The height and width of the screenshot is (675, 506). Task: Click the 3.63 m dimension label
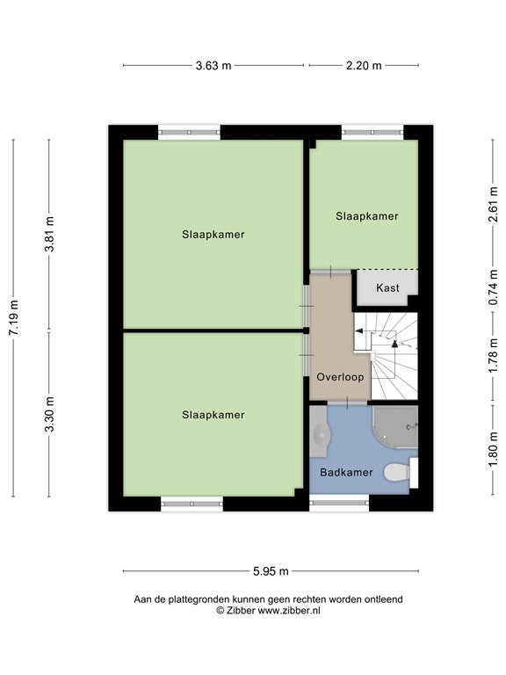point(213,65)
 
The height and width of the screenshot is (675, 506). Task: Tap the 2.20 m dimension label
point(364,65)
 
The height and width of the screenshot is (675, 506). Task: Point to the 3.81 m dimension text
point(49,234)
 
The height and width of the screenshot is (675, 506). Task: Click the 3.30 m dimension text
point(49,414)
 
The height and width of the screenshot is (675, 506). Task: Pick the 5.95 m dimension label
point(271,571)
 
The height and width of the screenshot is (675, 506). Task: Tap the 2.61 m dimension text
point(494,204)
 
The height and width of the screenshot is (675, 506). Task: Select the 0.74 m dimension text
point(494,287)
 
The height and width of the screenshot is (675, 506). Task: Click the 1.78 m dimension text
point(494,356)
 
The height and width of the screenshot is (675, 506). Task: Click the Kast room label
point(387,287)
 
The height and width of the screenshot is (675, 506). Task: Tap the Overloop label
point(340,377)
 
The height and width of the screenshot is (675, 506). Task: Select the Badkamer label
point(346,472)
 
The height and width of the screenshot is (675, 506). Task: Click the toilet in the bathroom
point(401,473)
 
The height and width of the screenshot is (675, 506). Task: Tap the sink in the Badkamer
point(320,432)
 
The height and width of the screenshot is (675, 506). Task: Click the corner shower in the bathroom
point(396,427)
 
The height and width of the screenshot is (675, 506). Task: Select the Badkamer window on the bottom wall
point(339,503)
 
